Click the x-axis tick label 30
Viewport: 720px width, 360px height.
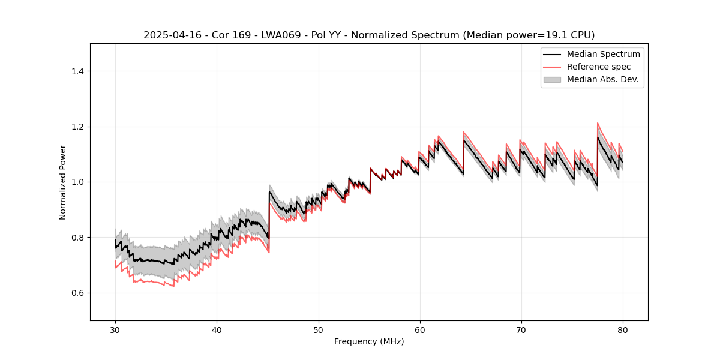coord(115,329)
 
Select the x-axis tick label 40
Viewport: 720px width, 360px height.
coord(217,329)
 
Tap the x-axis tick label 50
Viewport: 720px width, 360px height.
coord(319,329)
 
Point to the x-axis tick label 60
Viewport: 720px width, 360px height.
coord(420,329)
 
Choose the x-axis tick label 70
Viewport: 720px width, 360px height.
coord(521,329)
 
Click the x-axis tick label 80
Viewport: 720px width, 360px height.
coord(623,329)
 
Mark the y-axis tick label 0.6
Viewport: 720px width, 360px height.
coord(78,293)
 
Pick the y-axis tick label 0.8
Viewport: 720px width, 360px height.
coord(78,238)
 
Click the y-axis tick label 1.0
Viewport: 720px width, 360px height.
coord(78,182)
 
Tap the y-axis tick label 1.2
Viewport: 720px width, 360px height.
coord(78,127)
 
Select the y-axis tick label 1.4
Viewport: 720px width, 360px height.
coord(78,71)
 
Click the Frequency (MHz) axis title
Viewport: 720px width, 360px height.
coord(369,341)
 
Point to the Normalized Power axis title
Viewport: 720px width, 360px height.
coord(63,182)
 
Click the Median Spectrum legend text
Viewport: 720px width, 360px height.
coord(603,54)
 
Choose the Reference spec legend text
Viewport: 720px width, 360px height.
coord(599,67)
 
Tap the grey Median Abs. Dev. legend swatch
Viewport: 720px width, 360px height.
coord(552,79)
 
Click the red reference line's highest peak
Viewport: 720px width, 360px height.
coord(598,123)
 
